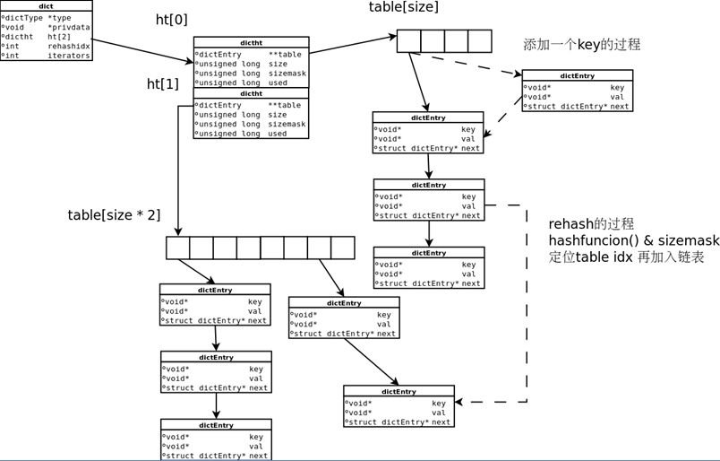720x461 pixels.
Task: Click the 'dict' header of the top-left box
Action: (x=46, y=6)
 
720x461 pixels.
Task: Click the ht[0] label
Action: (x=172, y=20)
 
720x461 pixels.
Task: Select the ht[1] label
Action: (x=163, y=84)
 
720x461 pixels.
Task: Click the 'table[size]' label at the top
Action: (x=403, y=7)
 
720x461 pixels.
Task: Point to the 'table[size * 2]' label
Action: (x=114, y=215)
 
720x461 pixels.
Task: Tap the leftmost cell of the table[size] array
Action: (x=409, y=41)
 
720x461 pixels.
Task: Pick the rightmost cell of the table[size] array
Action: (x=480, y=41)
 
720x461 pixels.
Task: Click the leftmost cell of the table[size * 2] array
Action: (x=178, y=248)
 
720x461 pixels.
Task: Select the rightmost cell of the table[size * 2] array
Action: (x=343, y=248)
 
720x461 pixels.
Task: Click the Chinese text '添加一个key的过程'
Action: (x=581, y=45)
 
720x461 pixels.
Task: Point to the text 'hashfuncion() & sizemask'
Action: (x=634, y=240)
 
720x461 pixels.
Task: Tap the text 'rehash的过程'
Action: (x=591, y=223)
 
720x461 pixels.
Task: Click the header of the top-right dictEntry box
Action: (x=577, y=76)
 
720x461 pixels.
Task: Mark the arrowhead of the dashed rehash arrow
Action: (x=462, y=402)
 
